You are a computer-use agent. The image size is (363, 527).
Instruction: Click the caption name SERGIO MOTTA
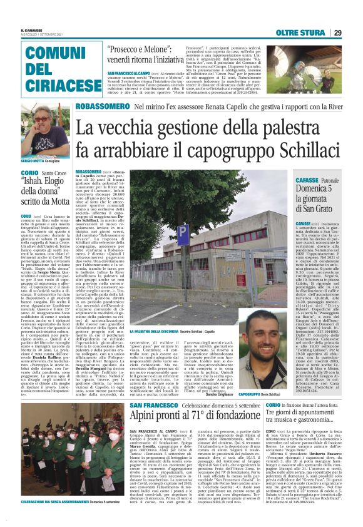pos(33,161)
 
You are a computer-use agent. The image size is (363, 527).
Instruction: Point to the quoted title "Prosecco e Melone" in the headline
pos(148,50)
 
